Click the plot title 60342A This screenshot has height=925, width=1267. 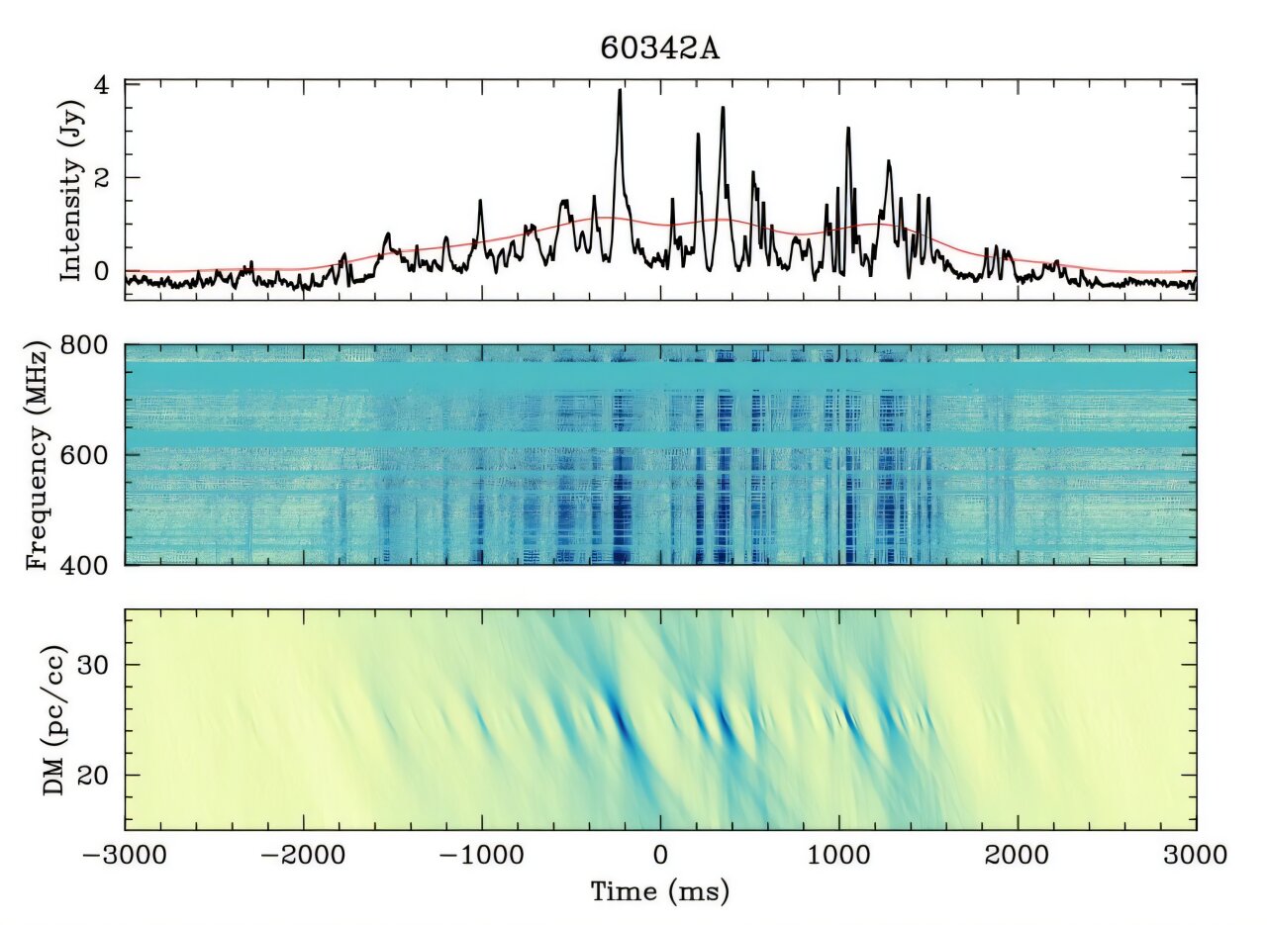pyautogui.click(x=660, y=48)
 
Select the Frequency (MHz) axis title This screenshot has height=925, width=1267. pyautogui.click(x=38, y=455)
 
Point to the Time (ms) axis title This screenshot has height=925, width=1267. pyautogui.click(x=660, y=891)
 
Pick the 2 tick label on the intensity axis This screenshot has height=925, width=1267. pyautogui.click(x=104, y=178)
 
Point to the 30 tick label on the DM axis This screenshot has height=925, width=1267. pyautogui.click(x=98, y=664)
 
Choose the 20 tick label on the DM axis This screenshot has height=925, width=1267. pyautogui.click(x=98, y=774)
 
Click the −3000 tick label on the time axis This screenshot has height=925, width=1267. pyautogui.click(x=126, y=854)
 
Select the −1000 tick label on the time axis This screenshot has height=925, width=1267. pyautogui.click(x=482, y=854)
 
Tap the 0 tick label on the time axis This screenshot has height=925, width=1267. pyautogui.click(x=660, y=854)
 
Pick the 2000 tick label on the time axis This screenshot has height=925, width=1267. pyautogui.click(x=1018, y=854)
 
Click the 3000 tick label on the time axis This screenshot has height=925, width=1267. pyautogui.click(x=1196, y=854)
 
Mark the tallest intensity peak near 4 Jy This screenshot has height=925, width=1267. pyautogui.click(x=620, y=91)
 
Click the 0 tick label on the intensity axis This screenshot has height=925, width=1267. pyautogui.click(x=104, y=271)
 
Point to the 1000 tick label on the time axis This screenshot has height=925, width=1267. pyautogui.click(x=839, y=854)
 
